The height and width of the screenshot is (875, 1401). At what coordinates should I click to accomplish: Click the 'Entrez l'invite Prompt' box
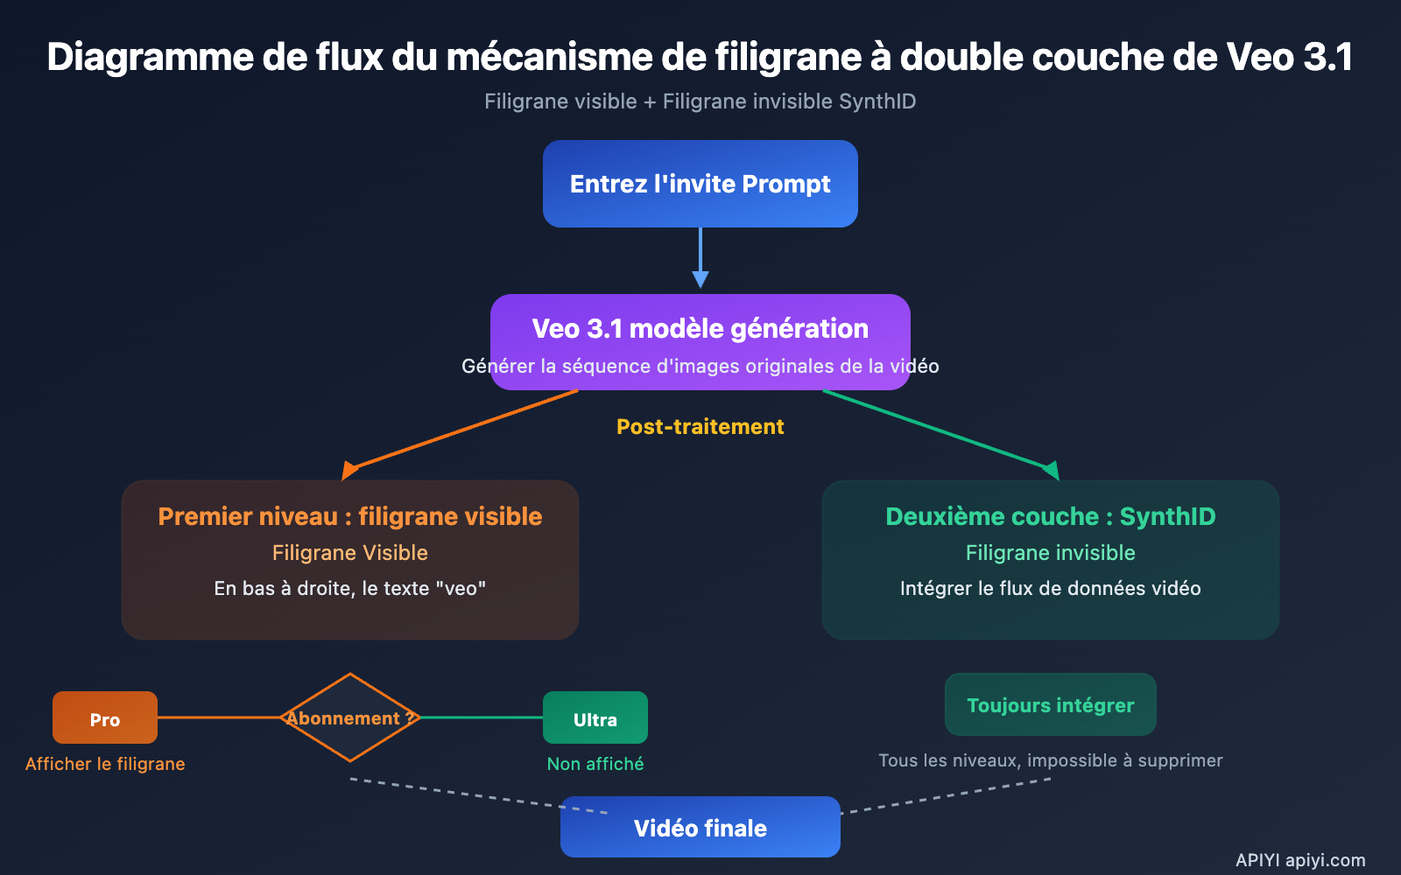click(700, 184)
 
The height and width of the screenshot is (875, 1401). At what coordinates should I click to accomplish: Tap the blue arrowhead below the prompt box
click(700, 279)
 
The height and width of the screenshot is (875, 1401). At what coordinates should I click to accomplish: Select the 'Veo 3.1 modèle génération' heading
click(700, 329)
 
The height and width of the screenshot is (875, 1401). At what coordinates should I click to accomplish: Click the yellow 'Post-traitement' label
click(700, 427)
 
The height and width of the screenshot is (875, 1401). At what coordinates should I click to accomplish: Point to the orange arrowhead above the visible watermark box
click(349, 471)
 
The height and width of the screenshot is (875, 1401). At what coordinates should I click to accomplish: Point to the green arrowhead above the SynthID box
click(1051, 470)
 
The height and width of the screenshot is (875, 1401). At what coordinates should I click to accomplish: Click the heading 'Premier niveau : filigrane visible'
click(350, 516)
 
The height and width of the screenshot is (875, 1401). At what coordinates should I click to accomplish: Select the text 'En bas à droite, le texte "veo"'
click(350, 589)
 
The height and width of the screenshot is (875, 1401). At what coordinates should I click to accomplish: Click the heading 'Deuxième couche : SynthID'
click(1051, 516)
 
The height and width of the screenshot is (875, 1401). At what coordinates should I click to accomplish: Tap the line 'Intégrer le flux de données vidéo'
click(1051, 589)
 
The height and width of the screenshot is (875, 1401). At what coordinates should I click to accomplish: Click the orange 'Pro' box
click(105, 718)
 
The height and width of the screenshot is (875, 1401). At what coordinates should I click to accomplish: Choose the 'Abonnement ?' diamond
click(350, 718)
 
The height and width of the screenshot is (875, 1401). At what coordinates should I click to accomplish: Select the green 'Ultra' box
click(595, 718)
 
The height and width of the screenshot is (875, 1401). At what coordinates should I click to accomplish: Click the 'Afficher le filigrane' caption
click(105, 764)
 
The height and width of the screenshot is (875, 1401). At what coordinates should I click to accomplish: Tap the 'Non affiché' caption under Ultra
click(595, 764)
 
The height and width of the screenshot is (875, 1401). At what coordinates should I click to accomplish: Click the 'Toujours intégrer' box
click(1051, 705)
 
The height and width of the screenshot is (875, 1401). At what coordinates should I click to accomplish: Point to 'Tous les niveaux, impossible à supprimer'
click(1051, 760)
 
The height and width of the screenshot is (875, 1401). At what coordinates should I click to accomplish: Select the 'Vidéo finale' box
click(700, 828)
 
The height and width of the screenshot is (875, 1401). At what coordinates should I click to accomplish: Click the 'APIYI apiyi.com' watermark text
click(1300, 860)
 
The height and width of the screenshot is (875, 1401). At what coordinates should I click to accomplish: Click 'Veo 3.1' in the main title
click(1289, 58)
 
